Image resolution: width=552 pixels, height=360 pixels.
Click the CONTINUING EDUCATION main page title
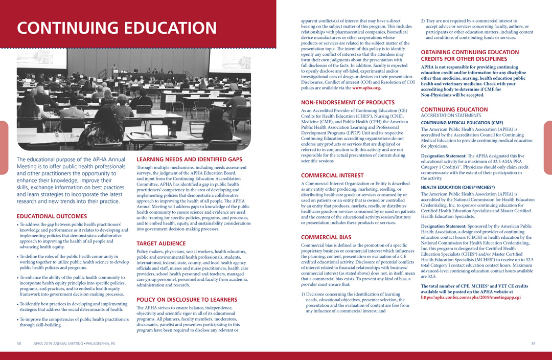click(x=117, y=28)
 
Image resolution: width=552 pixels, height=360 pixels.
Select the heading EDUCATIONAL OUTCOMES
click(x=52, y=216)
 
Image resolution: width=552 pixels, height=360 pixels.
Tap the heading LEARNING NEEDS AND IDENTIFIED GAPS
click(x=189, y=160)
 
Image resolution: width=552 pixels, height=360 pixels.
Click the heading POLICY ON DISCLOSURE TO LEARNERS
click(x=187, y=299)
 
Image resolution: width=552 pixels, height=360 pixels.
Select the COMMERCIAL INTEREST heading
click(x=332, y=175)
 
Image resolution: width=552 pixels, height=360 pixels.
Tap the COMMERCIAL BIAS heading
click(x=326, y=237)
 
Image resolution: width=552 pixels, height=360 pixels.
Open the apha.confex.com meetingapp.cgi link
click(x=471, y=297)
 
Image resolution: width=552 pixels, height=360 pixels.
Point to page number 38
click(x=19, y=344)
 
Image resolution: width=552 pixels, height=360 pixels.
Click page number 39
click(x=533, y=344)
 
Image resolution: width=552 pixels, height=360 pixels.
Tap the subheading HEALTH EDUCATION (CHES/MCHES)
click(x=457, y=188)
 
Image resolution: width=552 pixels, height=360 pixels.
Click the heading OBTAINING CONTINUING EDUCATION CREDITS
click(x=470, y=56)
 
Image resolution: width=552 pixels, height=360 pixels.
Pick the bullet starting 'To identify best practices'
click(x=73, y=306)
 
